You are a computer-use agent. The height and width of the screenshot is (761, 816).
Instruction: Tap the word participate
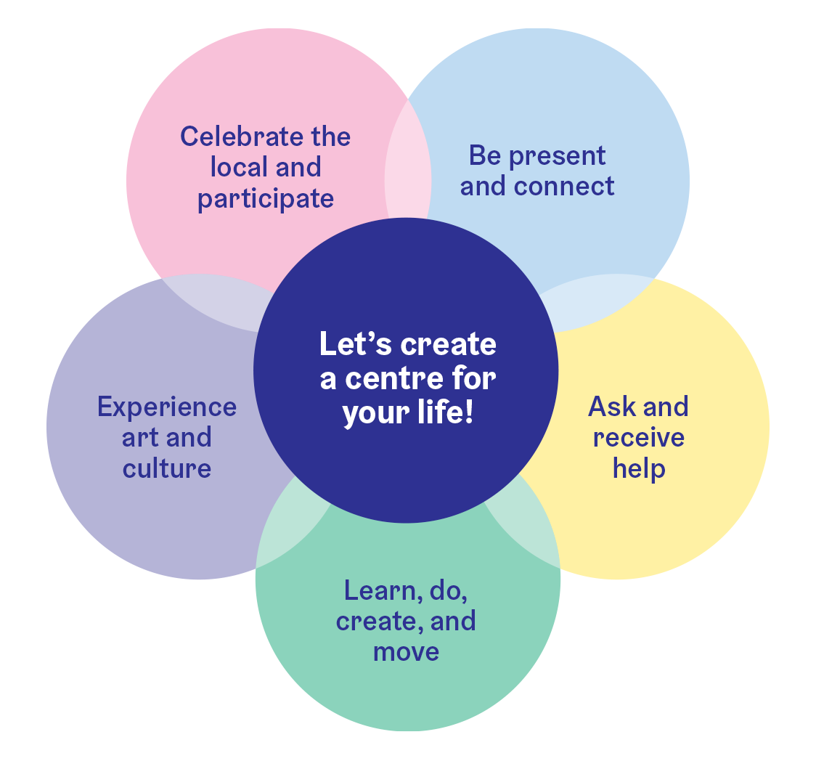coord(266,199)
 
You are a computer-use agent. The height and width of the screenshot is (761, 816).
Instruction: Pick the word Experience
coord(167,407)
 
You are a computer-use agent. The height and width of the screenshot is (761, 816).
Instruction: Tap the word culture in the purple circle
coord(167,468)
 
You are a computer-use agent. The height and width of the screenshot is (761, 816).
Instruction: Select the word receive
coord(639,437)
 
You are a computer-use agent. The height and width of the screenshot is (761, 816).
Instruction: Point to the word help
coord(639,468)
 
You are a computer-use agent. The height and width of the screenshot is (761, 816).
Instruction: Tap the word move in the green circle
coord(406,651)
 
